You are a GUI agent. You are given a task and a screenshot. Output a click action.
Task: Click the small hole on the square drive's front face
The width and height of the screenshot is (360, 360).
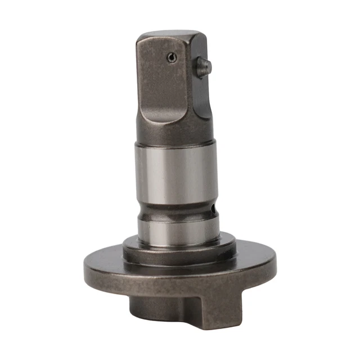click(170, 56)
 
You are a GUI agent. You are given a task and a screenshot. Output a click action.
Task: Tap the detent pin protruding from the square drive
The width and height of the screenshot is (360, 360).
click(203, 67)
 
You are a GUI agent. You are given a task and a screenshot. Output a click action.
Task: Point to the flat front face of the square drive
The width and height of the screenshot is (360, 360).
click(163, 84)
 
